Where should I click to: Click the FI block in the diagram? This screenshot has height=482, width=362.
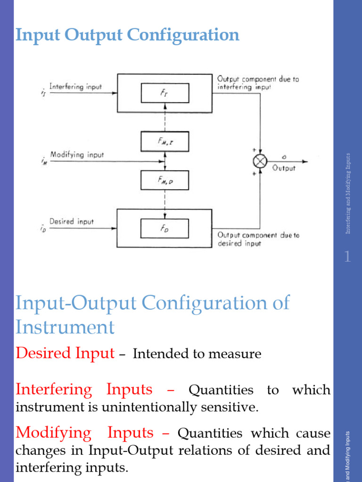coord(165,93)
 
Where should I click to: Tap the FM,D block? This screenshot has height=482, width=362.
coord(165,179)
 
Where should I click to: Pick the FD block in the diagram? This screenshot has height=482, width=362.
coord(165,228)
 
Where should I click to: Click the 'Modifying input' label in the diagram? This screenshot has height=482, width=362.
coord(77,154)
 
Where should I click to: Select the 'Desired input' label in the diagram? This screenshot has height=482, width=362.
coord(72,221)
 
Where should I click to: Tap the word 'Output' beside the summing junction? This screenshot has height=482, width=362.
coord(284,168)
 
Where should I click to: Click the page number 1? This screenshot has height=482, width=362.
coord(347,257)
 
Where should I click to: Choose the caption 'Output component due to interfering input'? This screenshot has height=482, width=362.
coord(258,83)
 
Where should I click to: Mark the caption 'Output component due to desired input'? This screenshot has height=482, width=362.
coord(258,239)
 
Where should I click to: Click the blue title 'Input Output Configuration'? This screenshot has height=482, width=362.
coord(127,35)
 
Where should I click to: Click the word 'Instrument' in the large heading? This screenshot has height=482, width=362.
coord(65,326)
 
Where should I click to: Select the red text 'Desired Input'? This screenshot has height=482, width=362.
coord(65,353)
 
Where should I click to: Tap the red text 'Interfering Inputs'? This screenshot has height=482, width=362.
coord(84,390)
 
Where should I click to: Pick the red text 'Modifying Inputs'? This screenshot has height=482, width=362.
coord(85,432)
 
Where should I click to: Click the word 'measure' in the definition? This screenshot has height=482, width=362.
coord(238,354)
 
